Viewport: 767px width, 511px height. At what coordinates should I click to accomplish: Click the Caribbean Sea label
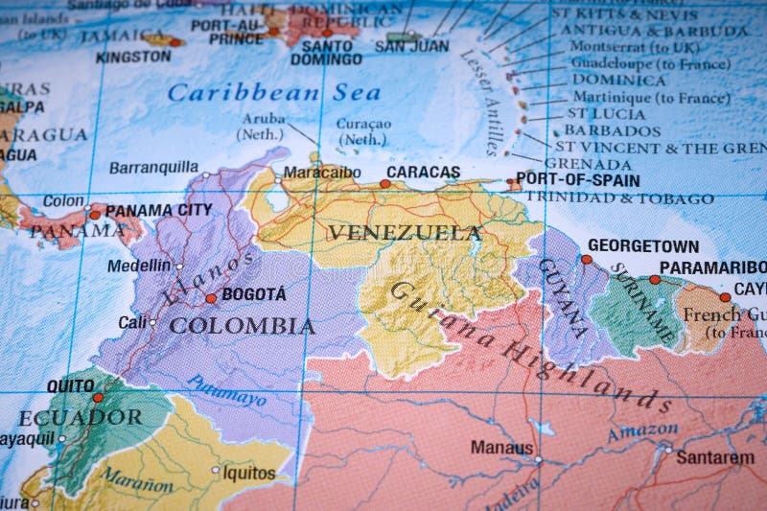point(273,93)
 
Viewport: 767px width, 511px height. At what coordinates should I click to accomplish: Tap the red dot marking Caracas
point(384,183)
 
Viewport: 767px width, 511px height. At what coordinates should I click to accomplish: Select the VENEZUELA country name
point(404,232)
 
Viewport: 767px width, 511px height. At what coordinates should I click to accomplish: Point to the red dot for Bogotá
point(211,298)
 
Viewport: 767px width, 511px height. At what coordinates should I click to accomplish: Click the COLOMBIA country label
point(242,326)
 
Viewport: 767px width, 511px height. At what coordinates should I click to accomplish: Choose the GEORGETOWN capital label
point(642,245)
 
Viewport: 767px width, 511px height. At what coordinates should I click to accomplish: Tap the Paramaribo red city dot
point(655,280)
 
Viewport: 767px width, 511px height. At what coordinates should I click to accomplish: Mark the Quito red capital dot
point(97,397)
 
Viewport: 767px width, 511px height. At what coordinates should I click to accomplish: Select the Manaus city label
point(501,447)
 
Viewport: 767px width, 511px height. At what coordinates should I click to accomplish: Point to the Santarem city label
point(714,457)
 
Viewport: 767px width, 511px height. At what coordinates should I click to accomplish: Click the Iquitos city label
point(248,473)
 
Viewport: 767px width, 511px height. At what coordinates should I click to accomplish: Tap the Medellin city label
point(139,266)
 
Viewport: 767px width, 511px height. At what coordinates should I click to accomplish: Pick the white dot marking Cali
point(152,322)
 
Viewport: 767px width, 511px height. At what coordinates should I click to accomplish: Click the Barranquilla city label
point(153,168)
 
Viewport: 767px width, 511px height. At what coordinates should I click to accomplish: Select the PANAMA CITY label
point(158,210)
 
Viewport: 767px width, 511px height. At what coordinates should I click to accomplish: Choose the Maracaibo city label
point(323,174)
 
